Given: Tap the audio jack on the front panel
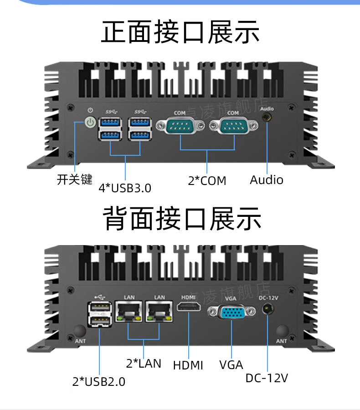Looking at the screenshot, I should coord(266,118).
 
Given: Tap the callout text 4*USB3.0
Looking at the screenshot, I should coord(125,188).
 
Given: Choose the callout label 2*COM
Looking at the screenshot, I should coord(207,181).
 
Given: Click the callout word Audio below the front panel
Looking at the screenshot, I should coord(267,179).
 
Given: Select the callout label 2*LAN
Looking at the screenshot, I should coord(144,363).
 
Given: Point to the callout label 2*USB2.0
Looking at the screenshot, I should coord(98,381).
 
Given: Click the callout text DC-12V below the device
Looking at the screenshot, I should coord(267,378).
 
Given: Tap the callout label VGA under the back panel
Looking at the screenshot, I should coord(231,365).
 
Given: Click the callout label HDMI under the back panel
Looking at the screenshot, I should coord(188,365).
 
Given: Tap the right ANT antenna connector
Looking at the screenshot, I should coord(282,331).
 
